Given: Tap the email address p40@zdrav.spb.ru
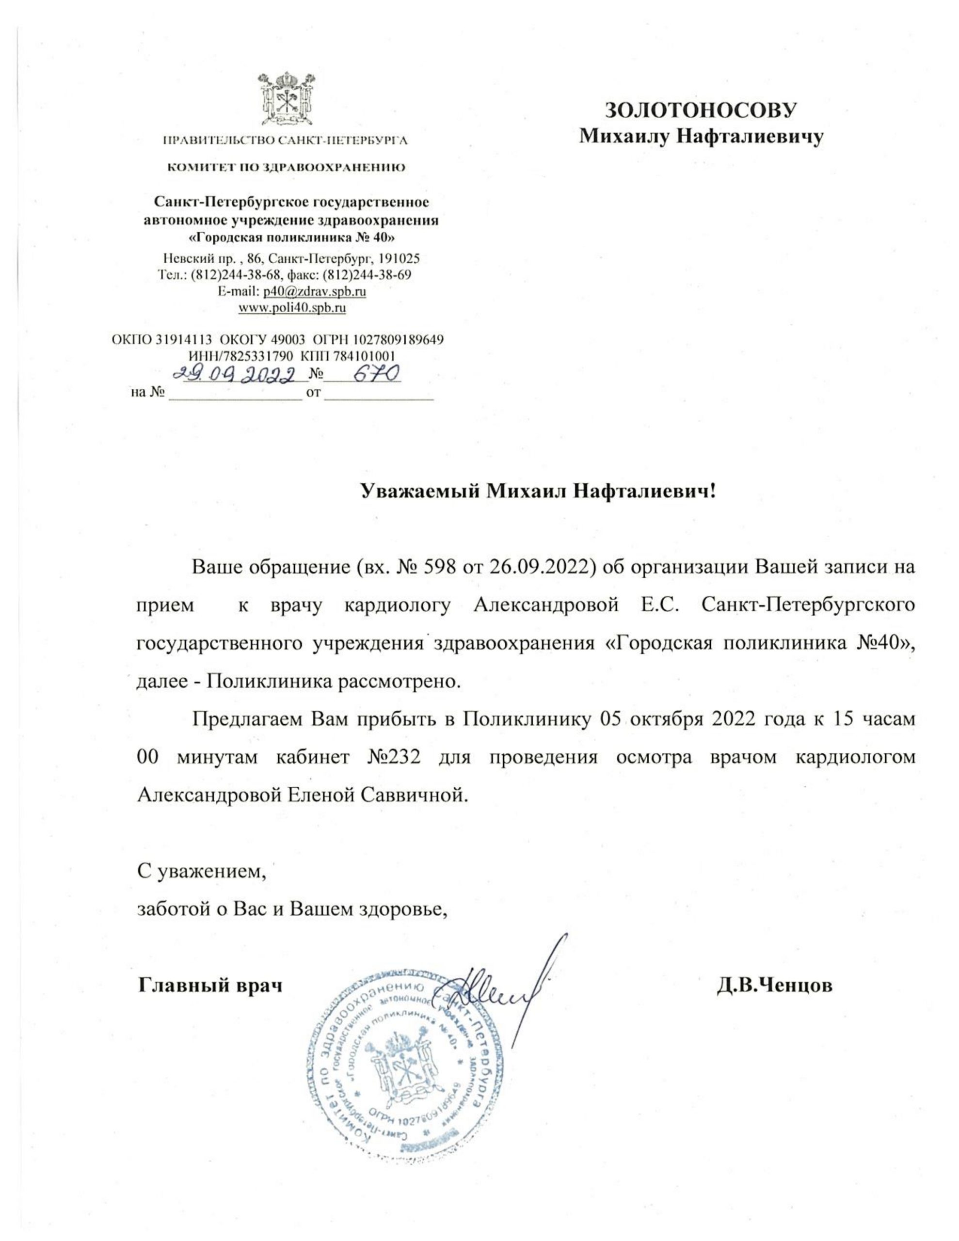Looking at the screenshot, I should coord(314,291).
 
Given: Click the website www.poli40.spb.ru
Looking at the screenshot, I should coord(291,308).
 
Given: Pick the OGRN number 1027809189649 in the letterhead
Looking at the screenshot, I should coord(398,340).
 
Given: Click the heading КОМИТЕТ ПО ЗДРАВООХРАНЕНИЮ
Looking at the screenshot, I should coord(286,168).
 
